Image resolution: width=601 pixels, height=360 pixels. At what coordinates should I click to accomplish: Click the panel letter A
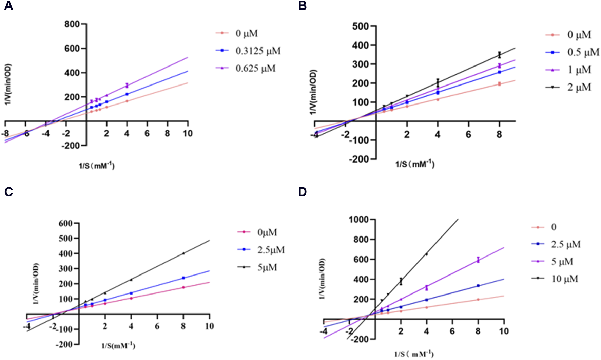(x=8, y=6)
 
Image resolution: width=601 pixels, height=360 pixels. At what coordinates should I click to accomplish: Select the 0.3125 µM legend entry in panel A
(x=258, y=51)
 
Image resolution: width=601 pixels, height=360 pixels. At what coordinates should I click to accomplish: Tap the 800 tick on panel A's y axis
(x=72, y=24)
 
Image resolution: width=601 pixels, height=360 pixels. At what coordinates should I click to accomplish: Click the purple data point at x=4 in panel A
(x=127, y=86)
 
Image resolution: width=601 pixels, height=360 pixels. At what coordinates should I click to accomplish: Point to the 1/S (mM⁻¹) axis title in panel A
(x=97, y=166)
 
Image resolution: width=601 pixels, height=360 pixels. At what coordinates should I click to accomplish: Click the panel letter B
(x=302, y=6)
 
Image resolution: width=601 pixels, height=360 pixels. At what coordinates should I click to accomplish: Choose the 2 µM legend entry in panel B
(x=579, y=88)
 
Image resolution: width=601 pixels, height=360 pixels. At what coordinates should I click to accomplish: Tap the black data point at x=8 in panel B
(x=499, y=55)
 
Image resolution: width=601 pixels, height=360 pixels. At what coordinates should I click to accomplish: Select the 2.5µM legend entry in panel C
(x=271, y=250)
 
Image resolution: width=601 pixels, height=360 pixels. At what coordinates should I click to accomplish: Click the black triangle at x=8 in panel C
(x=183, y=253)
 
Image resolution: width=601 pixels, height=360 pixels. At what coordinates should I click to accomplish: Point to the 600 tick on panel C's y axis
(x=65, y=223)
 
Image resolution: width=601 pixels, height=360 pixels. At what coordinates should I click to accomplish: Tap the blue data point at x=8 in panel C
(x=183, y=278)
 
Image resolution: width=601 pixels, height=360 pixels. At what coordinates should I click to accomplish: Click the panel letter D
(x=302, y=192)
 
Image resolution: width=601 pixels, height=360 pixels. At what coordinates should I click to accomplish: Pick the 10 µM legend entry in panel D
(x=564, y=279)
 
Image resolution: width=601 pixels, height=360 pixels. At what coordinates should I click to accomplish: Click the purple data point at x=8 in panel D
(x=478, y=260)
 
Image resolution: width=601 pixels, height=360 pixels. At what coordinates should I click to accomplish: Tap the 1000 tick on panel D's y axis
(x=358, y=220)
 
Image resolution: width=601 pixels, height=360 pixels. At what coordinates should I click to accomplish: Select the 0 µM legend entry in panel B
(x=579, y=35)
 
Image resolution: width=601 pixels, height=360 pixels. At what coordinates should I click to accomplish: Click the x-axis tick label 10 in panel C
(x=209, y=326)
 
